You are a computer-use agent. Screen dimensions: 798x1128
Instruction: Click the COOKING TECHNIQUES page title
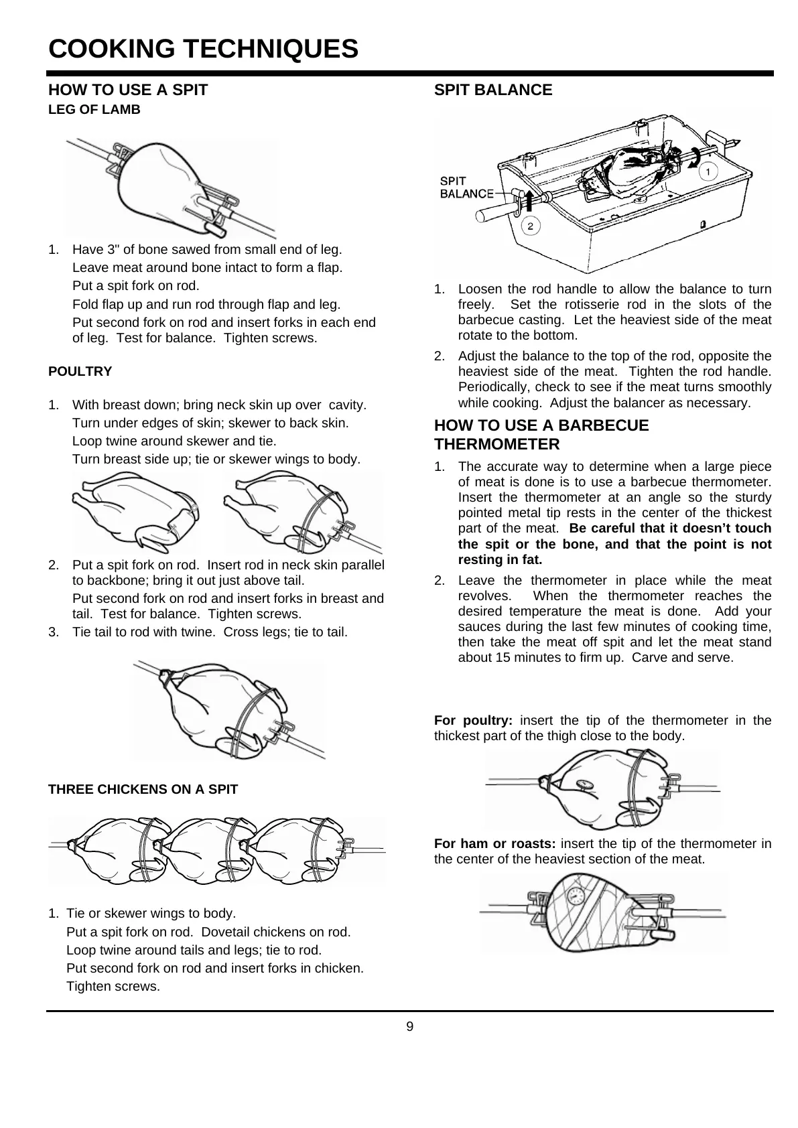pos(204,49)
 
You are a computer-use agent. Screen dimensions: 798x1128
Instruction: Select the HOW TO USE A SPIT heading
pos(128,90)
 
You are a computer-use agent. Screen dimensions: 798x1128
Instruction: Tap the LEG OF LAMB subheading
pos(94,110)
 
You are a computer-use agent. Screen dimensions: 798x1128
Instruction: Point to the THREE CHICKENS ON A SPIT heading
pos(143,789)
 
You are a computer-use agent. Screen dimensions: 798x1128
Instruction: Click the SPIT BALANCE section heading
pos(493,90)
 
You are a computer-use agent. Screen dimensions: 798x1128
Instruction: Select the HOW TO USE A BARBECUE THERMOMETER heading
pos(541,435)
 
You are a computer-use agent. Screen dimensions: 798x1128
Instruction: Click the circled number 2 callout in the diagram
pos(531,226)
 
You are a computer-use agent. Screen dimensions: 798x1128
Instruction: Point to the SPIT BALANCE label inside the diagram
pos(466,188)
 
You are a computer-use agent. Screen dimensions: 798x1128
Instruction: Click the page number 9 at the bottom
pos(410,1027)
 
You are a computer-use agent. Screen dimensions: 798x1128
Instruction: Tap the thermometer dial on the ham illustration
pos(576,897)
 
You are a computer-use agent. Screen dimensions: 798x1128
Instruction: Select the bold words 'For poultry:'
pos(473,721)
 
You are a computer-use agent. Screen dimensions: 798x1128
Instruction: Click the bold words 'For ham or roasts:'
pos(494,843)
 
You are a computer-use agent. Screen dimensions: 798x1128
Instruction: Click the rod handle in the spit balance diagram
pos(495,212)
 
